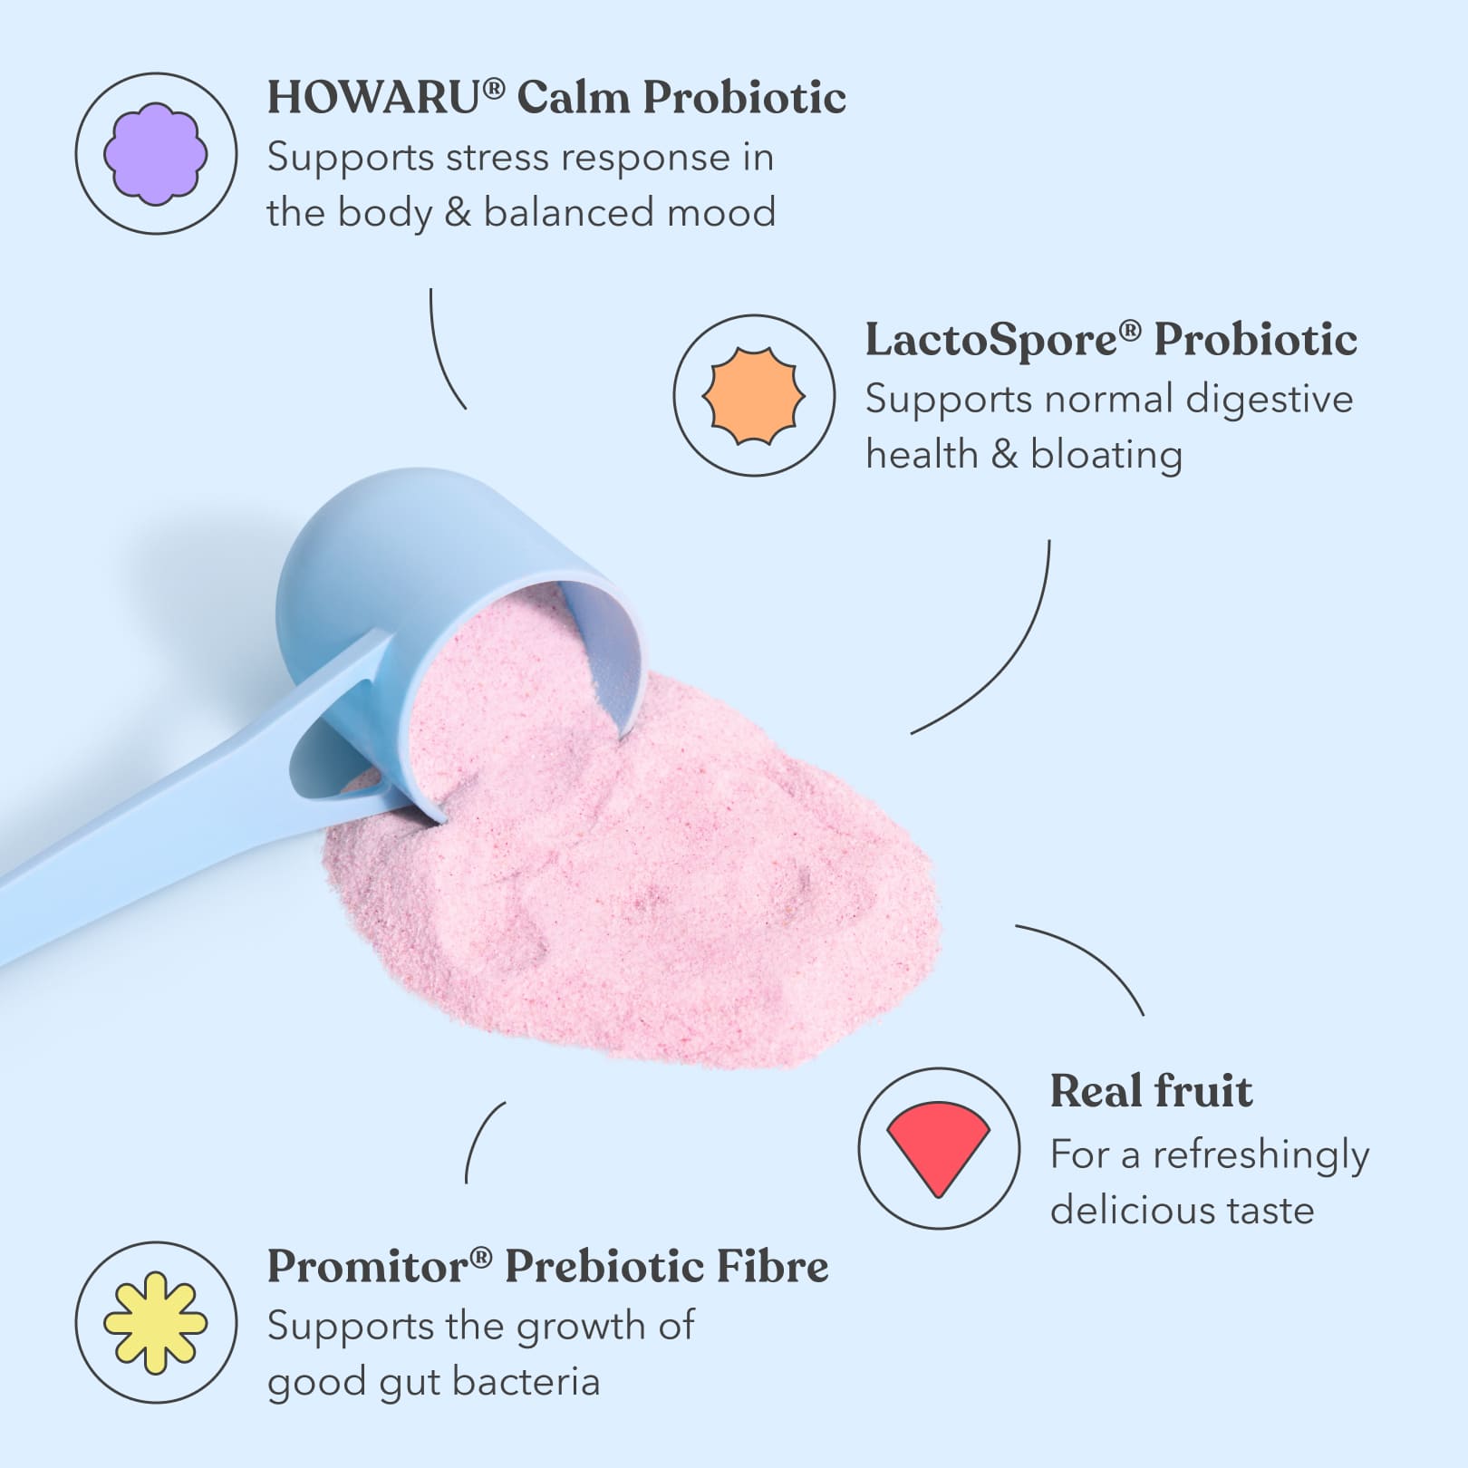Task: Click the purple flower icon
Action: pyautogui.click(x=156, y=154)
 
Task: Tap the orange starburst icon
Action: pyautogui.click(x=754, y=396)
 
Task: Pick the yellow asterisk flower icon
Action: pyautogui.click(x=156, y=1322)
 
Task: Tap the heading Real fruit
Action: pyautogui.click(x=1151, y=1091)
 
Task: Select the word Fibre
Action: pyautogui.click(x=771, y=1267)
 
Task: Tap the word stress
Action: pyautogui.click(x=497, y=158)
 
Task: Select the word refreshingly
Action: pyautogui.click(x=1260, y=1156)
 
